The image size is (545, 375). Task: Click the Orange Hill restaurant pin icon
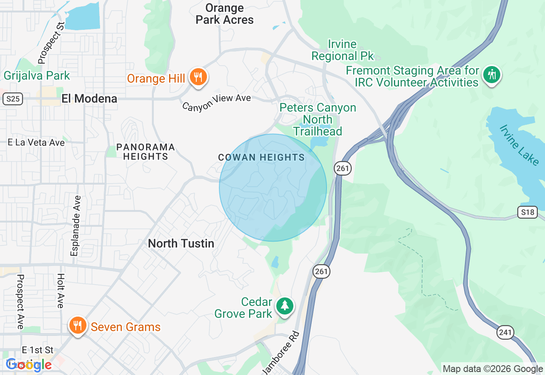coord(198,77)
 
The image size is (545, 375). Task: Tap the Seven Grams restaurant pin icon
coord(77,326)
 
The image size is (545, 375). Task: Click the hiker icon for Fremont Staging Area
coord(492,75)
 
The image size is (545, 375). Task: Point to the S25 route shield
coord(12,99)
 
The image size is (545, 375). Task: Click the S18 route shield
coord(528,212)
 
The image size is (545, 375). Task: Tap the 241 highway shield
coord(505,332)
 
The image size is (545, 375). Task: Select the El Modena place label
coord(89,98)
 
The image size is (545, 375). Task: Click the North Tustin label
coord(181,243)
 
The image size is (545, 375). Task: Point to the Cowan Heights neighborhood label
coord(261,158)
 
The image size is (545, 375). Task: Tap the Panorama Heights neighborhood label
coord(146,152)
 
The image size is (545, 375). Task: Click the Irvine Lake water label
coord(519,145)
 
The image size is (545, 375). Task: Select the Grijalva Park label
coord(37,76)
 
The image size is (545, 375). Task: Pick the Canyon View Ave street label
coord(217,102)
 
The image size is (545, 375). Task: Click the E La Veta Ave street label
coord(36,142)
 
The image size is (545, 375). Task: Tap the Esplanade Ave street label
coord(75,226)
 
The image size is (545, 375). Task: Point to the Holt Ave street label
coord(60,291)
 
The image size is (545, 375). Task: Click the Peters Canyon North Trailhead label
coord(318,119)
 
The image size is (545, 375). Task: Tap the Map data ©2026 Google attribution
coord(493,369)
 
